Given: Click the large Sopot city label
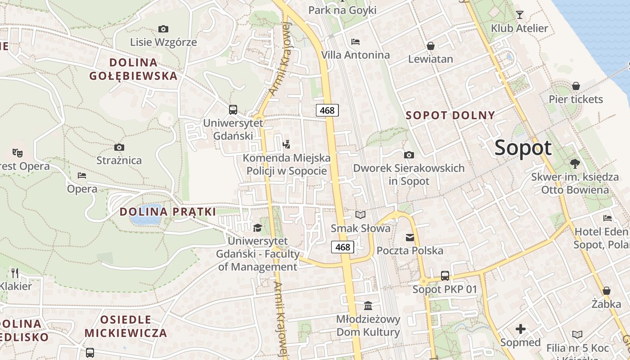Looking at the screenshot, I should pos(523,148).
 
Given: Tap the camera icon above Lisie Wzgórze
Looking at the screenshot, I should pos(163,29).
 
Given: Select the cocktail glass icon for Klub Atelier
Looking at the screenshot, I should pos(520,15).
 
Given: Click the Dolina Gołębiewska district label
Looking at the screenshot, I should pos(133,69).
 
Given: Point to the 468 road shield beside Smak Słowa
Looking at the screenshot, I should pos(343,247).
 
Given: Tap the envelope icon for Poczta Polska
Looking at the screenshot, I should pos(410,237).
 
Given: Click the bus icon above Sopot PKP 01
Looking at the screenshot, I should pos(445,275).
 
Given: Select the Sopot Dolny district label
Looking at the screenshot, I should pos(450,115).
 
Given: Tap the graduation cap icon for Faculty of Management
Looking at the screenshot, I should pos(257,228).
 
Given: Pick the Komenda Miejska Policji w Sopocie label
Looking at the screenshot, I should pos(287,164).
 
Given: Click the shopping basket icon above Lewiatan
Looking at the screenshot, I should pos(431,46).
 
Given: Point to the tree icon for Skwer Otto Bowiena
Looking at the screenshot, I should pos(575,163).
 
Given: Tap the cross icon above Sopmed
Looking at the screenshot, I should pos(521,329).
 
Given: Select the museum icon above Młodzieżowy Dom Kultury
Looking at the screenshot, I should pos(368,306).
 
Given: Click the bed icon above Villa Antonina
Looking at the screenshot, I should pos(355,42).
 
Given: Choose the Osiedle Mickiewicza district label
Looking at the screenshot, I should pos(126,327).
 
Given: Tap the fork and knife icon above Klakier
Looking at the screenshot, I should pos(15,273).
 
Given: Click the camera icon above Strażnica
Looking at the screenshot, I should pos(119,147).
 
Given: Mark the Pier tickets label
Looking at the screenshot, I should pos(576,99).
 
